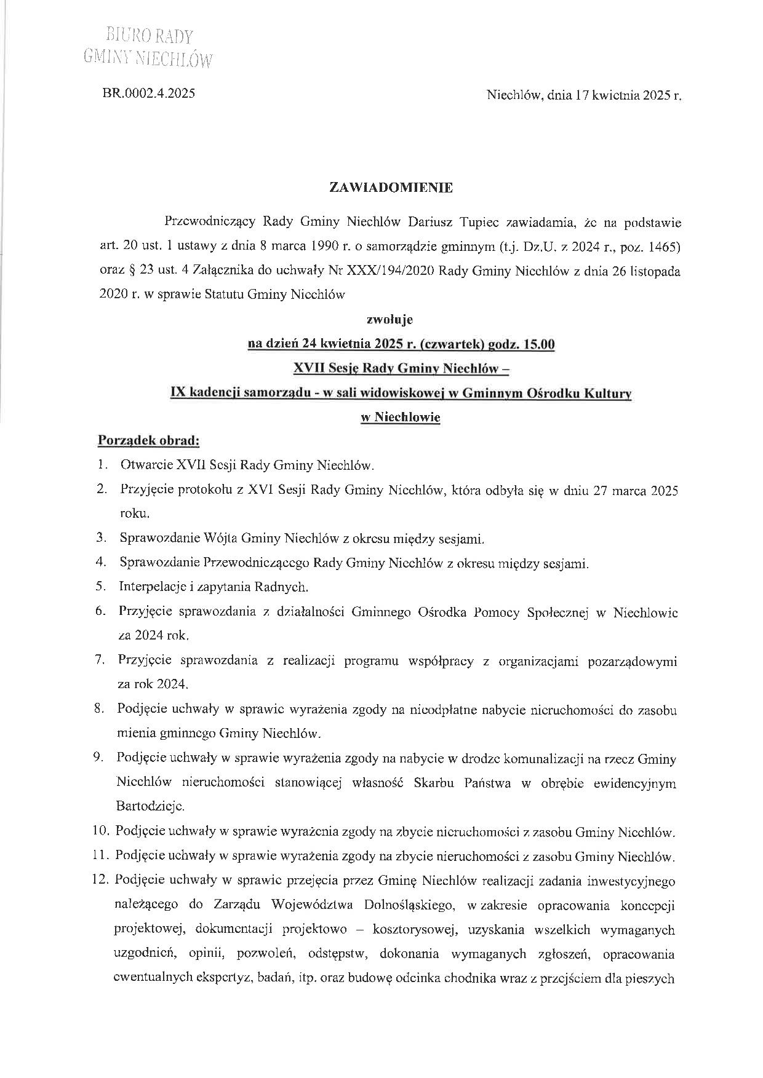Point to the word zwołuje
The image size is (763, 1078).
(x=389, y=319)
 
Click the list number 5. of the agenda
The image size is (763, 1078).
(x=101, y=586)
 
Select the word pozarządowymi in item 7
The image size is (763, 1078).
(x=633, y=662)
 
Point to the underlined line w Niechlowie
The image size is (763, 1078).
(x=400, y=417)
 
